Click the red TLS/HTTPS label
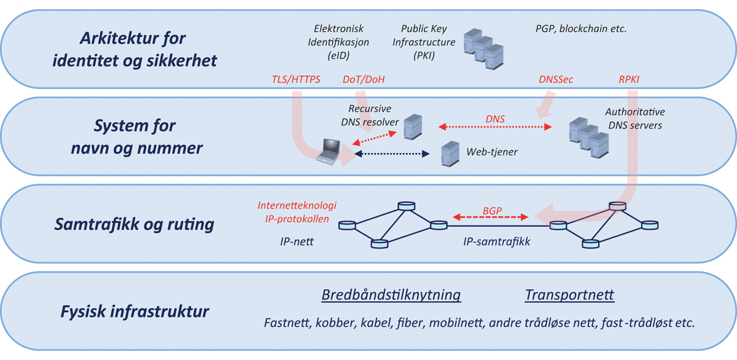pyautogui.click(x=296, y=80)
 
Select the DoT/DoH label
pyautogui.click(x=364, y=80)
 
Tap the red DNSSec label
pyautogui.click(x=556, y=80)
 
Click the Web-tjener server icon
pyautogui.click(x=450, y=154)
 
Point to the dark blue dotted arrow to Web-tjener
pyautogui.click(x=392, y=154)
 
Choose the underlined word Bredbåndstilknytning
pyautogui.click(x=391, y=295)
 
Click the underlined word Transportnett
pyautogui.click(x=569, y=295)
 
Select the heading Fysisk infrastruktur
pyautogui.click(x=135, y=311)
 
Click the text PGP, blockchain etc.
pyautogui.click(x=580, y=28)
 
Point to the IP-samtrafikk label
pyautogui.click(x=496, y=241)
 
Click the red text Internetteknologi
pyautogui.click(x=297, y=205)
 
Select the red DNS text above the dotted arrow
pyautogui.click(x=495, y=118)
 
